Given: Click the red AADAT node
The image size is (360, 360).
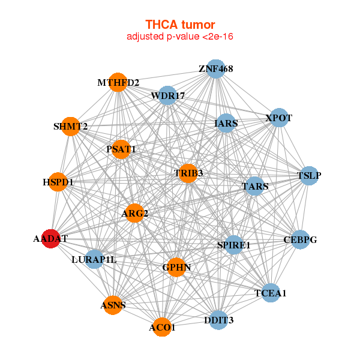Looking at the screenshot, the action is pos(51,239).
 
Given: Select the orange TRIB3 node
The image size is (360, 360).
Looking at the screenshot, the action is pos(188,173).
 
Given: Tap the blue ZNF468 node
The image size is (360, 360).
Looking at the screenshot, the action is pos(216,69).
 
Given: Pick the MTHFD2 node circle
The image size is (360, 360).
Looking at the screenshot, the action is pos(118,82).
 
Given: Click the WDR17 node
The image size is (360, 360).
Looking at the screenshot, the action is pos(167,95).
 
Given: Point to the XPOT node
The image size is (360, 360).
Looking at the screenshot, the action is pos(279,118).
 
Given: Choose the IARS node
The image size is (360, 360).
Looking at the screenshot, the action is pos(226,123).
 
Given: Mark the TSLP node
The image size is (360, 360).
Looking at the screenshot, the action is pos(309,176).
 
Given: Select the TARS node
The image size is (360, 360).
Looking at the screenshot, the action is pos(255,186).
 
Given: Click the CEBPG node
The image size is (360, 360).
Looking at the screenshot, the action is pos(301,239).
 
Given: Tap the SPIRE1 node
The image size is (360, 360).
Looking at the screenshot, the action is pos(234,245).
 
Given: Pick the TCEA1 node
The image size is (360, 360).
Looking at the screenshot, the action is pos(271,293).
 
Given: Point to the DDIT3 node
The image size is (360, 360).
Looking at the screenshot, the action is pos(218,320).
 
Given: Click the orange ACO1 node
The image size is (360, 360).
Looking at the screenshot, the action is pos(162,327).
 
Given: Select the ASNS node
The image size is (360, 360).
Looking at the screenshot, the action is pos(113,305).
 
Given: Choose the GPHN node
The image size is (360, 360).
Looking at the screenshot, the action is pos(176,267).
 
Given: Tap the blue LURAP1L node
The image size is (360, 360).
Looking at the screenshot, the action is pos(94,259).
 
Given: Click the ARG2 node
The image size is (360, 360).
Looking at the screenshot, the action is pos(134,213).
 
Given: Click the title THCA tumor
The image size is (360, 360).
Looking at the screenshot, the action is pos(180,25).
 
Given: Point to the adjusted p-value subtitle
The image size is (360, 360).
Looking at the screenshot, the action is pos(180,37).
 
